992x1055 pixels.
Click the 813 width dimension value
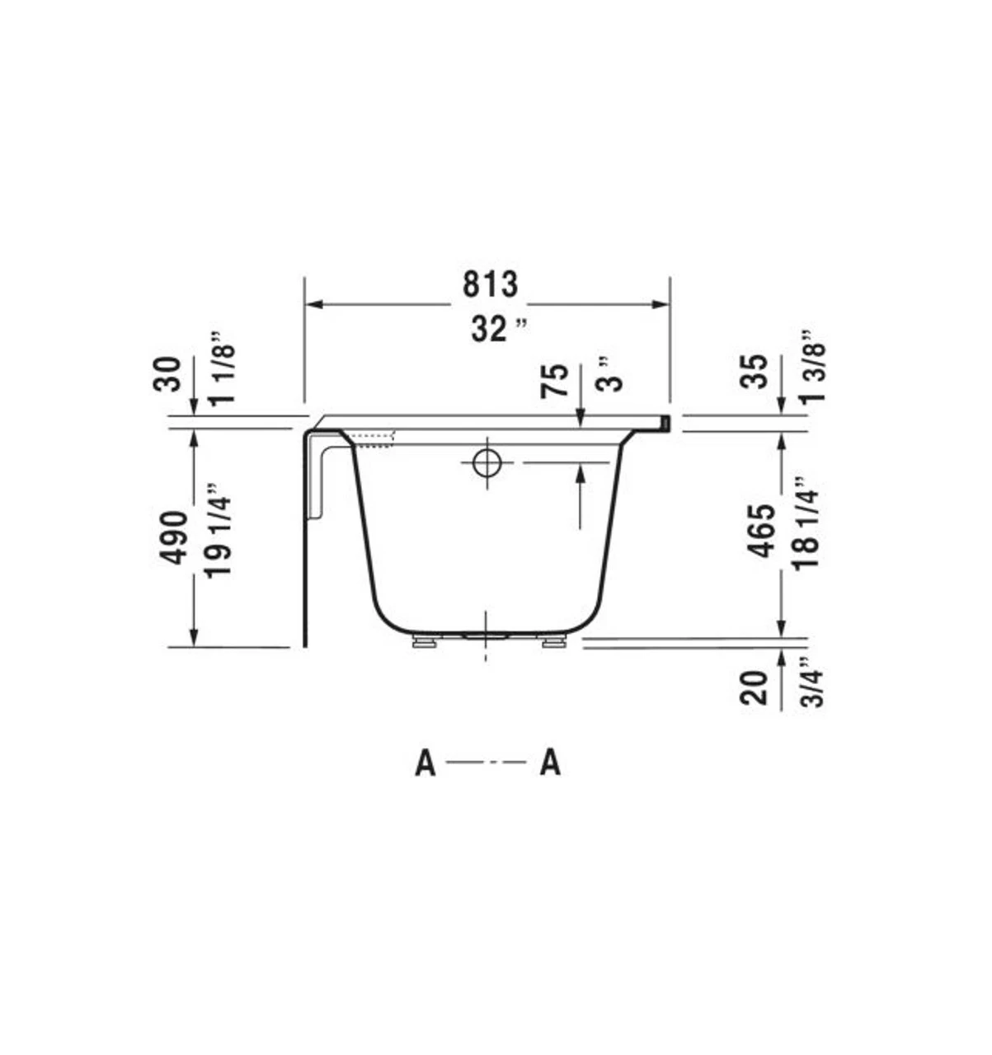coord(490,284)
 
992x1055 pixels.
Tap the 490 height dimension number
coord(173,537)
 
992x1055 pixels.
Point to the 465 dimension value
coord(762,532)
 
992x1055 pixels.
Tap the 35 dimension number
coord(755,371)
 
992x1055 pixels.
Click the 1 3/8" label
coord(811,367)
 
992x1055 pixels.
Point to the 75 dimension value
coord(556,381)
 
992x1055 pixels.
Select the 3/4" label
coord(812,682)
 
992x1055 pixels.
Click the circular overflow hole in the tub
coord(487,462)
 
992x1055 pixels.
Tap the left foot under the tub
coord(424,641)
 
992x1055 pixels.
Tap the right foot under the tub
coord(553,641)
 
